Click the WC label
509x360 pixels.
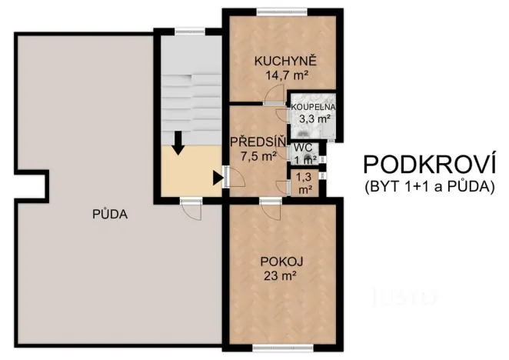pos(302,147)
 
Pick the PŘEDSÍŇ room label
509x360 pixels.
pos(258,142)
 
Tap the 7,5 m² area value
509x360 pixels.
pos(258,155)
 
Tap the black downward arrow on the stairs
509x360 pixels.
pos(178,143)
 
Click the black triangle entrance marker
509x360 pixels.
pos(218,178)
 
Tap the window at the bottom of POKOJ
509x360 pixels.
pos(274,348)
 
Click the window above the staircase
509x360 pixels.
pos(186,31)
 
